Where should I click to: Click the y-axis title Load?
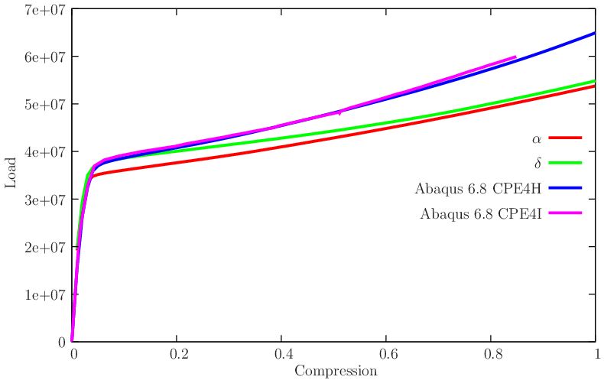pyautogui.click(x=10, y=174)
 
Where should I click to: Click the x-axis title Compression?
pyautogui.click(x=336, y=372)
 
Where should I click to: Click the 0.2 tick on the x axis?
pyautogui.click(x=177, y=356)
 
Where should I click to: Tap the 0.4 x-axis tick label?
pyautogui.click(x=281, y=356)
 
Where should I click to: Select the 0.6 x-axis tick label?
pyautogui.click(x=386, y=356)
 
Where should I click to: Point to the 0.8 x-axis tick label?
pyautogui.click(x=491, y=356)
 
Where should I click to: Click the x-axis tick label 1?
pyautogui.click(x=595, y=356)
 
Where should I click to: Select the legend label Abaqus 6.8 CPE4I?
pyautogui.click(x=480, y=213)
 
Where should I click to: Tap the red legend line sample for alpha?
pyautogui.click(x=566, y=138)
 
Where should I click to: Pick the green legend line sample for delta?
pyautogui.click(x=566, y=163)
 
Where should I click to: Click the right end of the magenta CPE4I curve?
pyautogui.click(x=515, y=57)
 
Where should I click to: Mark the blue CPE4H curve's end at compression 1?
pyautogui.click(x=594, y=34)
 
